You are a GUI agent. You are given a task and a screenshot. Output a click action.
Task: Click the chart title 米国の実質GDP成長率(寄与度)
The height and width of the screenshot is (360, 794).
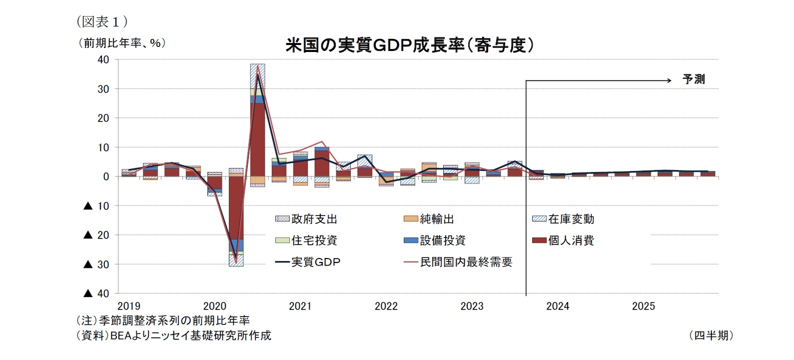tap(410, 45)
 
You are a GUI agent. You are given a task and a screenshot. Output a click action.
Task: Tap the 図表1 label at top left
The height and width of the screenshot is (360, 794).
tap(102, 21)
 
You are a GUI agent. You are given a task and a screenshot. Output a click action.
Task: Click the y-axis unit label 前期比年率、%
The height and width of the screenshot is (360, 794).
tap(121, 43)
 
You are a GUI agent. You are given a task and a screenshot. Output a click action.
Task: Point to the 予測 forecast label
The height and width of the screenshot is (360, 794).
tap(694, 79)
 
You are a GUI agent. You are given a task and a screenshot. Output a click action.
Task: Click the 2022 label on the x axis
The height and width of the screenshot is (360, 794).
tap(386, 306)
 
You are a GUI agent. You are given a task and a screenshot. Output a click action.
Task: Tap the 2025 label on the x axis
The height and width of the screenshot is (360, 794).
tap(643, 306)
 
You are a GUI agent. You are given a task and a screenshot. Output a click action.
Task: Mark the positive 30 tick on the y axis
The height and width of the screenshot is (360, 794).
tap(103, 89)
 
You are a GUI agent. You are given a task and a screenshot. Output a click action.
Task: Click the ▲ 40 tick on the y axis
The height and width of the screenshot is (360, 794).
tap(96, 293)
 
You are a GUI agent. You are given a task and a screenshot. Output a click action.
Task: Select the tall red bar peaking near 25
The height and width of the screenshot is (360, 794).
tap(257, 140)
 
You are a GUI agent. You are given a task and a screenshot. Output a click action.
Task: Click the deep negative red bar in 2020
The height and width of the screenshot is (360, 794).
tap(236, 207)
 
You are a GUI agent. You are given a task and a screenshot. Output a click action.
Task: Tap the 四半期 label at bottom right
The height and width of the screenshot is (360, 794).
tap(711, 335)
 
